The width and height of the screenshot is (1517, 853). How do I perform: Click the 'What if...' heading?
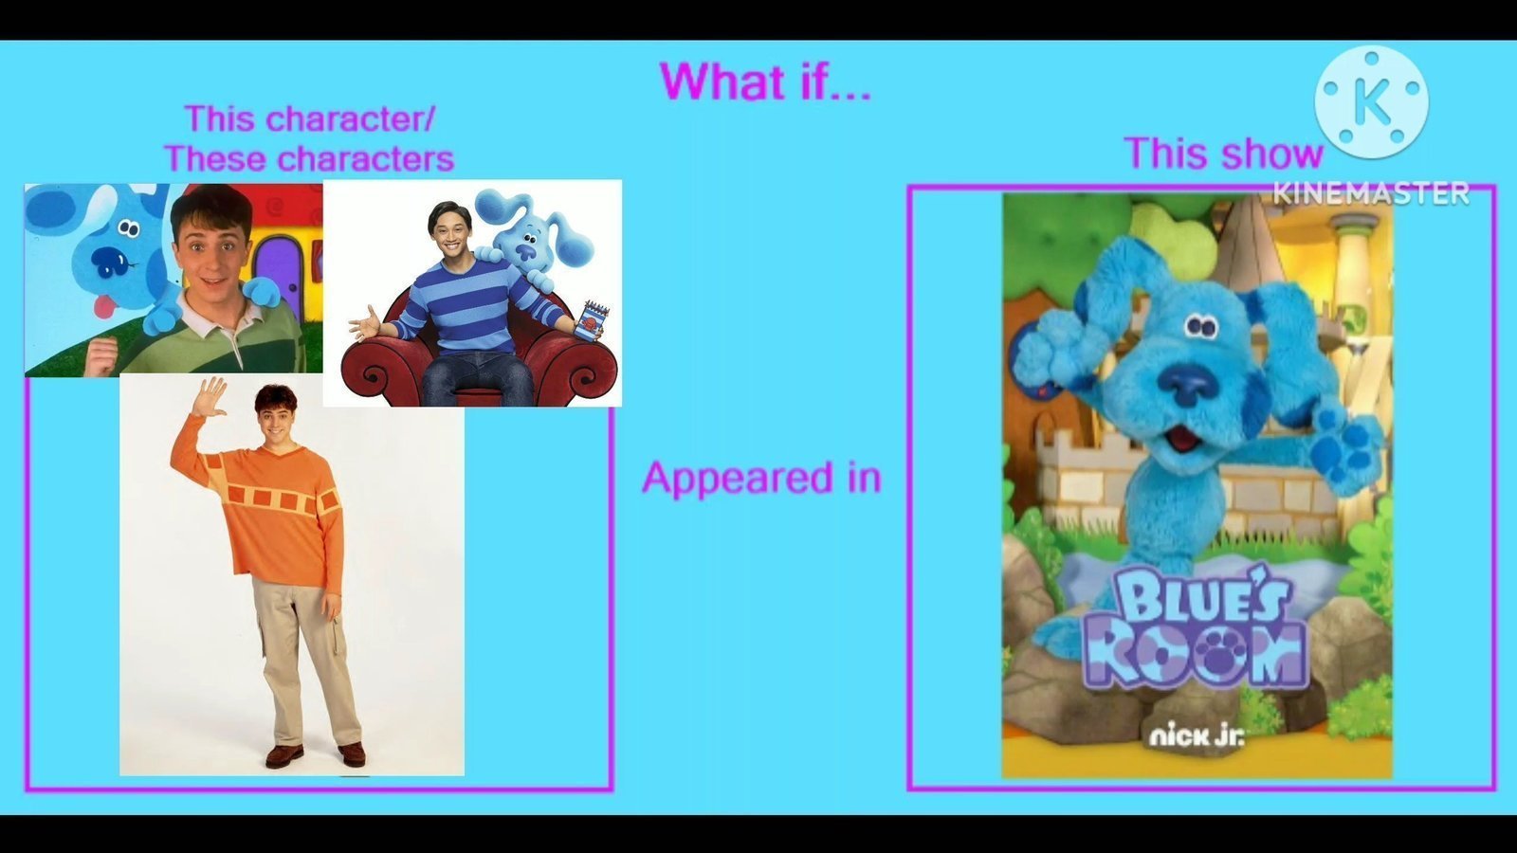point(765,82)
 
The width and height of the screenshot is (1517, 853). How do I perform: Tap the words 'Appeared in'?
point(762,478)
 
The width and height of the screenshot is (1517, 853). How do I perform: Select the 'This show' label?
point(1223,153)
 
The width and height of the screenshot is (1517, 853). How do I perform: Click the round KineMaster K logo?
point(1372,103)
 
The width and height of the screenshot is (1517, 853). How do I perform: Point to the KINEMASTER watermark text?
point(1371,193)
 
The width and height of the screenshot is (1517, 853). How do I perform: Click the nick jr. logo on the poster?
point(1197,735)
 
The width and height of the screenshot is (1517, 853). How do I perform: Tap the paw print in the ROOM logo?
point(1218,652)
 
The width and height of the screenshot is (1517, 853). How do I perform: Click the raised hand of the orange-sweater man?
point(210,397)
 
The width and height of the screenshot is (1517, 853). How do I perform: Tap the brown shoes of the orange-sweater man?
point(315,754)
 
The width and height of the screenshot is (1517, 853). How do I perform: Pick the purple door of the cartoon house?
point(279,271)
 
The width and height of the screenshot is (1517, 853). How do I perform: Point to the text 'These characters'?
point(309,158)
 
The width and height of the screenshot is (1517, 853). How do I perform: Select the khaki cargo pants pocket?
point(333,629)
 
